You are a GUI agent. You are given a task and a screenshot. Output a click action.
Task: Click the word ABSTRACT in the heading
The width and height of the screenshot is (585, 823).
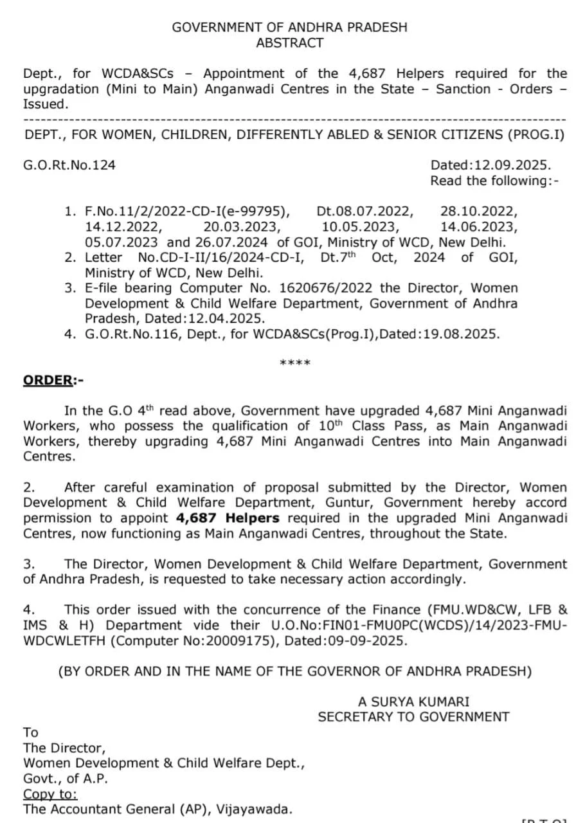coord(289,43)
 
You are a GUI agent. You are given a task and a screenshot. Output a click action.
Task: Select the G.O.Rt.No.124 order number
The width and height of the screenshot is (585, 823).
coord(69,165)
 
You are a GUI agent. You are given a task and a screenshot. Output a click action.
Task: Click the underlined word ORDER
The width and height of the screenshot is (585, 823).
coord(48,380)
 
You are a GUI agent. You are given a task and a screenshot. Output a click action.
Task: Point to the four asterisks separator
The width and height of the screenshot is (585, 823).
coord(295,363)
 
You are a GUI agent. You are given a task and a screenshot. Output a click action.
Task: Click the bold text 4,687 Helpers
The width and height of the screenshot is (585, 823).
coord(228,518)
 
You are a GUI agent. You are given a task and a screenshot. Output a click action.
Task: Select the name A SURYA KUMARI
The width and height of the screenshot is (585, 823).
coord(413,701)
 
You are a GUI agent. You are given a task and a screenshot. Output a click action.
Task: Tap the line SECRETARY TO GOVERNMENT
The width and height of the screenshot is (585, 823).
coord(413,717)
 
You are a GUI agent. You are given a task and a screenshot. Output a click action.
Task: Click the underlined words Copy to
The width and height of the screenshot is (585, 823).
coord(50,793)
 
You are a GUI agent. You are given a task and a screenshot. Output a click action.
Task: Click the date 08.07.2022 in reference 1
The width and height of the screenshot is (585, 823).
coord(365,211)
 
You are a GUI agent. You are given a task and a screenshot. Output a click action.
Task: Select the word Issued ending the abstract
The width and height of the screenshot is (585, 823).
coord(44,104)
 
